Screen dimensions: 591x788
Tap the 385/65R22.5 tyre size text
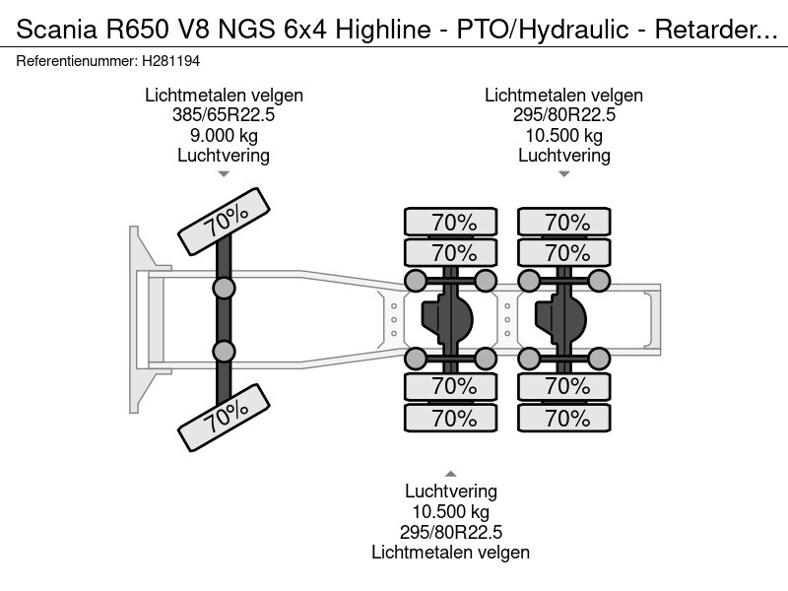tap(224, 115)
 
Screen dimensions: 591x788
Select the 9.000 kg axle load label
tap(224, 135)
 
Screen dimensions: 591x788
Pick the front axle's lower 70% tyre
tap(224, 419)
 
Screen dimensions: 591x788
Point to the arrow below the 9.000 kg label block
tap(224, 174)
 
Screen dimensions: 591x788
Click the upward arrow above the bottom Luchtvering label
tap(451, 473)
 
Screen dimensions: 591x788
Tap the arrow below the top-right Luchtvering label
tap(563, 174)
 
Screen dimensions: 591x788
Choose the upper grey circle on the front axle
tap(225, 288)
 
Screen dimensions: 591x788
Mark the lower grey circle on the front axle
tap(225, 351)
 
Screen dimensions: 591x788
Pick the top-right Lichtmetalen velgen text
tap(563, 96)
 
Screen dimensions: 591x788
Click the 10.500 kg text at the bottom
tap(450, 511)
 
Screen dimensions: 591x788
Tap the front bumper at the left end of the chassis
tap(138, 317)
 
